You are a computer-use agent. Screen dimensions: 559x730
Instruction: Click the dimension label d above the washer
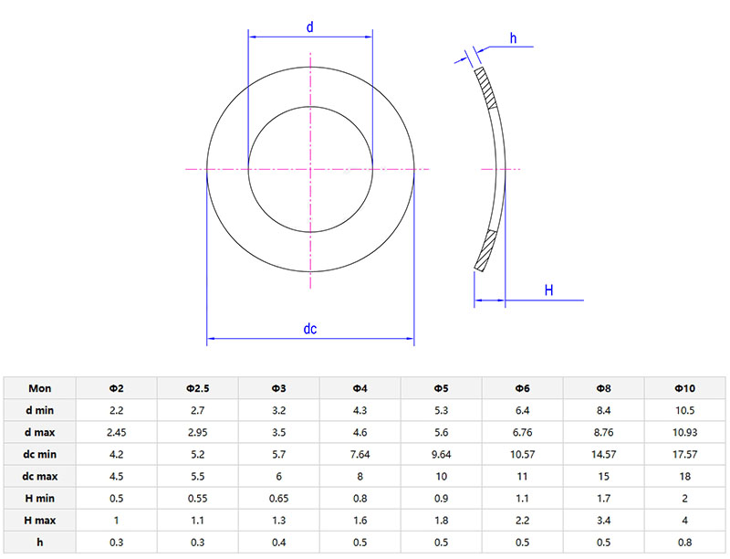click(310, 27)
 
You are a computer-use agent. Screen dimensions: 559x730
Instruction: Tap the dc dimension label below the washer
click(310, 330)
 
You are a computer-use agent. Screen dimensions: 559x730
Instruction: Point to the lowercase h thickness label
click(513, 38)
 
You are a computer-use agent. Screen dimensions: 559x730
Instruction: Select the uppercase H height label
click(549, 290)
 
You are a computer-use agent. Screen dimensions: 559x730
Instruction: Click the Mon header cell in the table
click(39, 387)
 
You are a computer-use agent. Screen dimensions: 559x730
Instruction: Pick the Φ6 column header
click(524, 387)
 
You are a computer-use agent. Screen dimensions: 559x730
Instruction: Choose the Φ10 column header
click(685, 387)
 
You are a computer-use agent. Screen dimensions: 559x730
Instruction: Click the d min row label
click(39, 408)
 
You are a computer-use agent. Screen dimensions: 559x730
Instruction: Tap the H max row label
click(39, 519)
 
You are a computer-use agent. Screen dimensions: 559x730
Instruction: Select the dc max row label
click(39, 475)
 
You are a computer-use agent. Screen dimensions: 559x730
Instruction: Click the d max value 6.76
click(524, 431)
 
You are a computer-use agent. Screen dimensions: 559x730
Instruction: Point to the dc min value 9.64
click(442, 453)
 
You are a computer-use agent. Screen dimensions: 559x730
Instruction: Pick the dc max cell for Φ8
click(604, 475)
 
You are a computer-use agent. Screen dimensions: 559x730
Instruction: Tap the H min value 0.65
click(278, 497)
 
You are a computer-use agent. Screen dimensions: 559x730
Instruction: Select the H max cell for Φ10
click(685, 519)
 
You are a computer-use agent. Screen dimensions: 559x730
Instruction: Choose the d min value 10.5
click(685, 408)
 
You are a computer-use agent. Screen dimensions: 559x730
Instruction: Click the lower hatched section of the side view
click(486, 249)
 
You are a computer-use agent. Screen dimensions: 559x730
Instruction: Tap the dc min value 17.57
click(685, 453)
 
